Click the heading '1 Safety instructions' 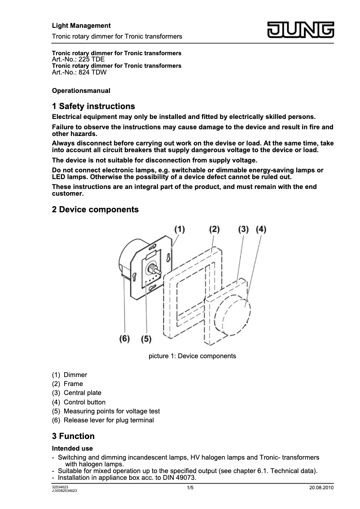[93, 106]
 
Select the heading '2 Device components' [95, 210]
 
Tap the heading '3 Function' [73, 436]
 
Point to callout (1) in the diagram [179, 229]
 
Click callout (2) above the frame [214, 229]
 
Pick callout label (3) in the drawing [243, 229]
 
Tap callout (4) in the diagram [261, 229]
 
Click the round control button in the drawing [233, 314]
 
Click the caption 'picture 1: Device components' [192, 356]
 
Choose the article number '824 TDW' [92, 72]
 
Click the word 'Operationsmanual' [81, 91]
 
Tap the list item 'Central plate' [82, 393]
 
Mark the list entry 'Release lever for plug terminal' [109, 421]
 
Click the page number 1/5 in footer [190, 488]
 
